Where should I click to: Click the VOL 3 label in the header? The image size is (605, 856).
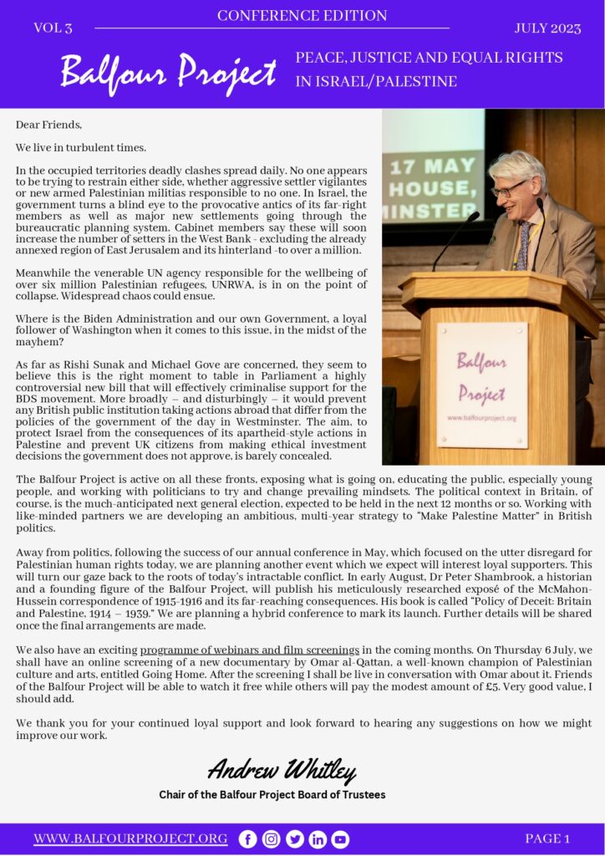[53, 28]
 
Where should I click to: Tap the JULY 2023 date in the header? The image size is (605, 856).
[547, 28]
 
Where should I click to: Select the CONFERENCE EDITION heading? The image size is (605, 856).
[302, 15]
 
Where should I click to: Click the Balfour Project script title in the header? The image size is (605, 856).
[168, 73]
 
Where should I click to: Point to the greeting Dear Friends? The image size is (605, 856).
[48, 125]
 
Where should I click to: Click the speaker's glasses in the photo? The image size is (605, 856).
[508, 189]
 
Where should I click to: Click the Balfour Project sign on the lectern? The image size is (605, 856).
[481, 385]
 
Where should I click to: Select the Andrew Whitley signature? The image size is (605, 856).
[282, 769]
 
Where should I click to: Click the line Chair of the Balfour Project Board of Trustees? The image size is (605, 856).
[272, 794]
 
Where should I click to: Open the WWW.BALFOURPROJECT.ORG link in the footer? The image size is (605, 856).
[130, 838]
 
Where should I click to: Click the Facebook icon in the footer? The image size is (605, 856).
[247, 839]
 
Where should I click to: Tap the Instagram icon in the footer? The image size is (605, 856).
[271, 839]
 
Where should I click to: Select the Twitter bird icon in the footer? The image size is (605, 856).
[294, 839]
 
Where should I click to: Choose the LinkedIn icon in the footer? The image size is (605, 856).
[318, 839]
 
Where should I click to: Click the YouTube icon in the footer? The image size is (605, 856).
[340, 839]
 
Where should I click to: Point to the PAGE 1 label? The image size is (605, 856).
[547, 838]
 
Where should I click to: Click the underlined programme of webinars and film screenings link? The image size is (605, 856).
[249, 650]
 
